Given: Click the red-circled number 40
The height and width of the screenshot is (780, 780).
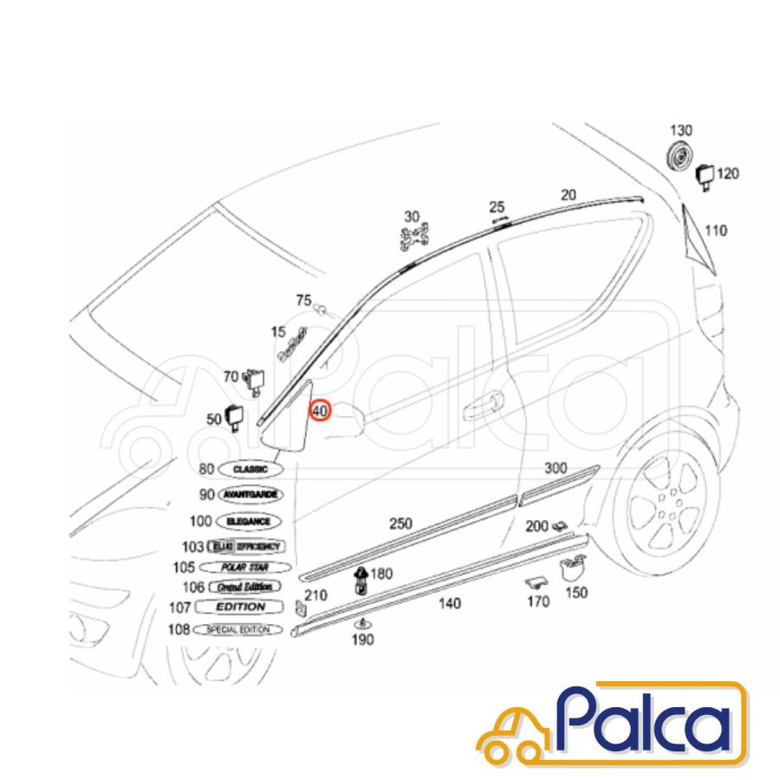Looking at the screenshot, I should [320, 411].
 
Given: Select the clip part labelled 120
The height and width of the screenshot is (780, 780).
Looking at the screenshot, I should [705, 176].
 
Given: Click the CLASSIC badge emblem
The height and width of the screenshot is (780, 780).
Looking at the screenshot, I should [250, 469].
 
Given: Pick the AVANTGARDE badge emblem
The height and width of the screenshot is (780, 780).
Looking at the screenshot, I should [250, 494].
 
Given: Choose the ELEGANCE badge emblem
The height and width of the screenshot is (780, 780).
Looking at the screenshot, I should [249, 522].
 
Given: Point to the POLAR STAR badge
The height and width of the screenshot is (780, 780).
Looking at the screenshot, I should [244, 567].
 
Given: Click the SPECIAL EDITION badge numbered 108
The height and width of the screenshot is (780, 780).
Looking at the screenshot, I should [237, 629].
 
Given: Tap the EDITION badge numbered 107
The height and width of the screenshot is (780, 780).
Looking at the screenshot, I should [240, 608].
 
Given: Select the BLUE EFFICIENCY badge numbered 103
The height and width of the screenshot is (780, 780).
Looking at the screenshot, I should [246, 546].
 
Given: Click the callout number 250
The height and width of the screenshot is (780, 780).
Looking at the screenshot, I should [400, 523].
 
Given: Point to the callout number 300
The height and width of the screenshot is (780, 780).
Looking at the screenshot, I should [556, 468].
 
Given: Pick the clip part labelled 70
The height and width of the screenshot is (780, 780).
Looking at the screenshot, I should [255, 378].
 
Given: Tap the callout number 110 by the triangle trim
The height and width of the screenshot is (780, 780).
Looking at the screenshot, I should [716, 231].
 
